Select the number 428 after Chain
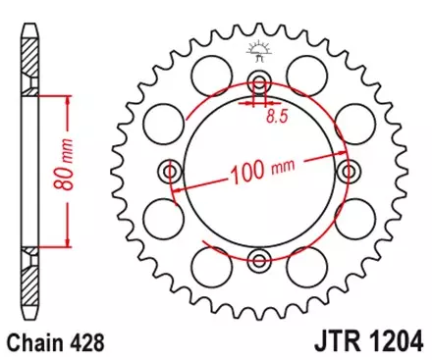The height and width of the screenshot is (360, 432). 85,343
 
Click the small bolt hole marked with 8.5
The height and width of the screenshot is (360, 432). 259,83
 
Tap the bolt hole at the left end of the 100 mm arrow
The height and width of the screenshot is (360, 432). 172,173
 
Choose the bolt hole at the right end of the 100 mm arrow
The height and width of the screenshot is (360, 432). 347,173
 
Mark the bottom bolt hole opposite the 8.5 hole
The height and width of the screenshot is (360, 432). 259,260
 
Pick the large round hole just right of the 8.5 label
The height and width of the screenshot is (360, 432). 309,72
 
